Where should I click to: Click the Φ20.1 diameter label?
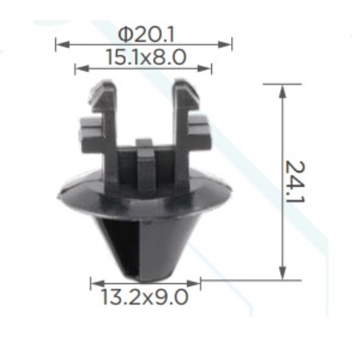[146, 35]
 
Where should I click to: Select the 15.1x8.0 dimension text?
[146, 57]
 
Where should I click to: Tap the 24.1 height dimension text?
[295, 182]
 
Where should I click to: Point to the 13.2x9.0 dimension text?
[144, 297]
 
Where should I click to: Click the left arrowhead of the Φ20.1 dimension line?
[63, 44]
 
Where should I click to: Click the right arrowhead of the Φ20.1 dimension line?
[225, 44]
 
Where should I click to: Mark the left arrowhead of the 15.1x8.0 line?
[82, 69]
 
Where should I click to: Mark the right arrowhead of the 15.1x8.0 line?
[205, 69]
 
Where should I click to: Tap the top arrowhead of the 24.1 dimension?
[282, 91]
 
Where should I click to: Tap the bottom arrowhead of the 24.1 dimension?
[282, 273]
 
